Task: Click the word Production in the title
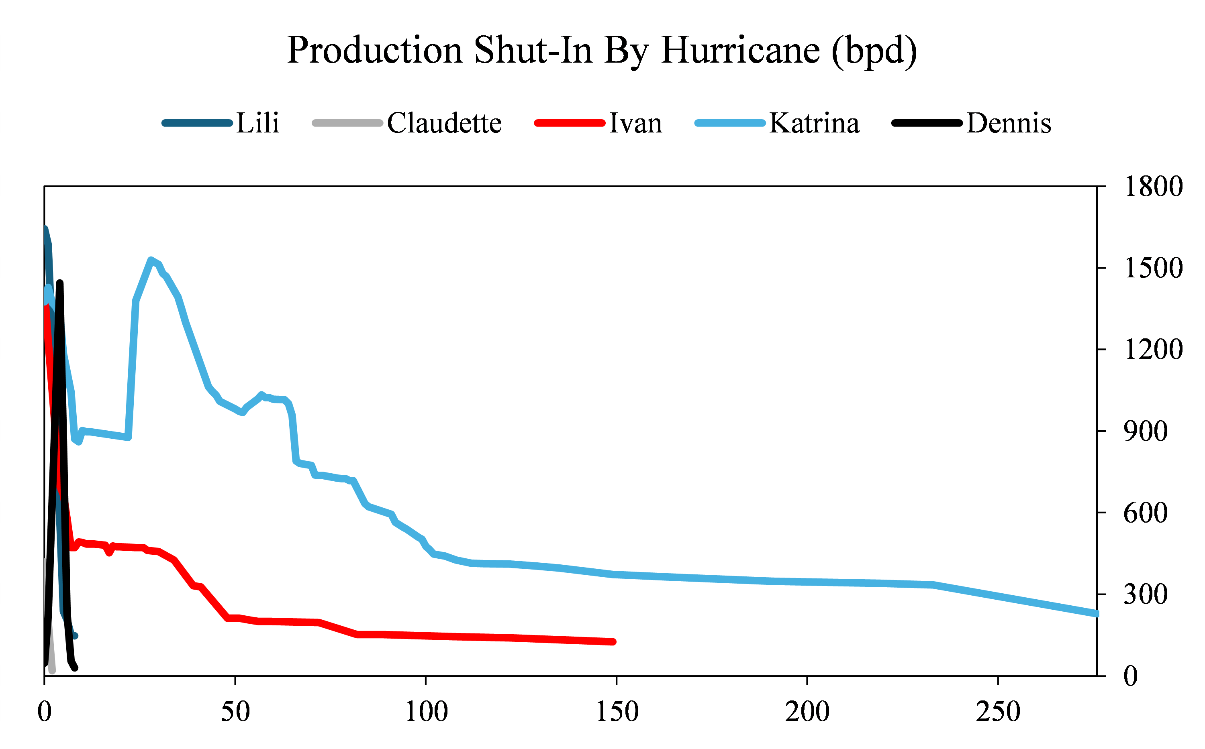tap(375, 51)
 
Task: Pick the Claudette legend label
tap(444, 123)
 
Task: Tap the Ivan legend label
tap(635, 123)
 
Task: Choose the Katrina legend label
tap(814, 123)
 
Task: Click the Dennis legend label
tap(1009, 123)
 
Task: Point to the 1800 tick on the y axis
tap(1153, 187)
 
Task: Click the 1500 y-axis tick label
tap(1153, 269)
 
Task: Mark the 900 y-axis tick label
tap(1145, 431)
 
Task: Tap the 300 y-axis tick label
tap(1145, 594)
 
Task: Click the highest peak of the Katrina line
tap(151, 260)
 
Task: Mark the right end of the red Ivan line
tap(614, 641)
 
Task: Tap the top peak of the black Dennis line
tap(60, 283)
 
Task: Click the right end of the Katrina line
tap(1096, 614)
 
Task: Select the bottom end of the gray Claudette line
tap(53, 671)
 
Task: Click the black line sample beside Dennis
tap(926, 123)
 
